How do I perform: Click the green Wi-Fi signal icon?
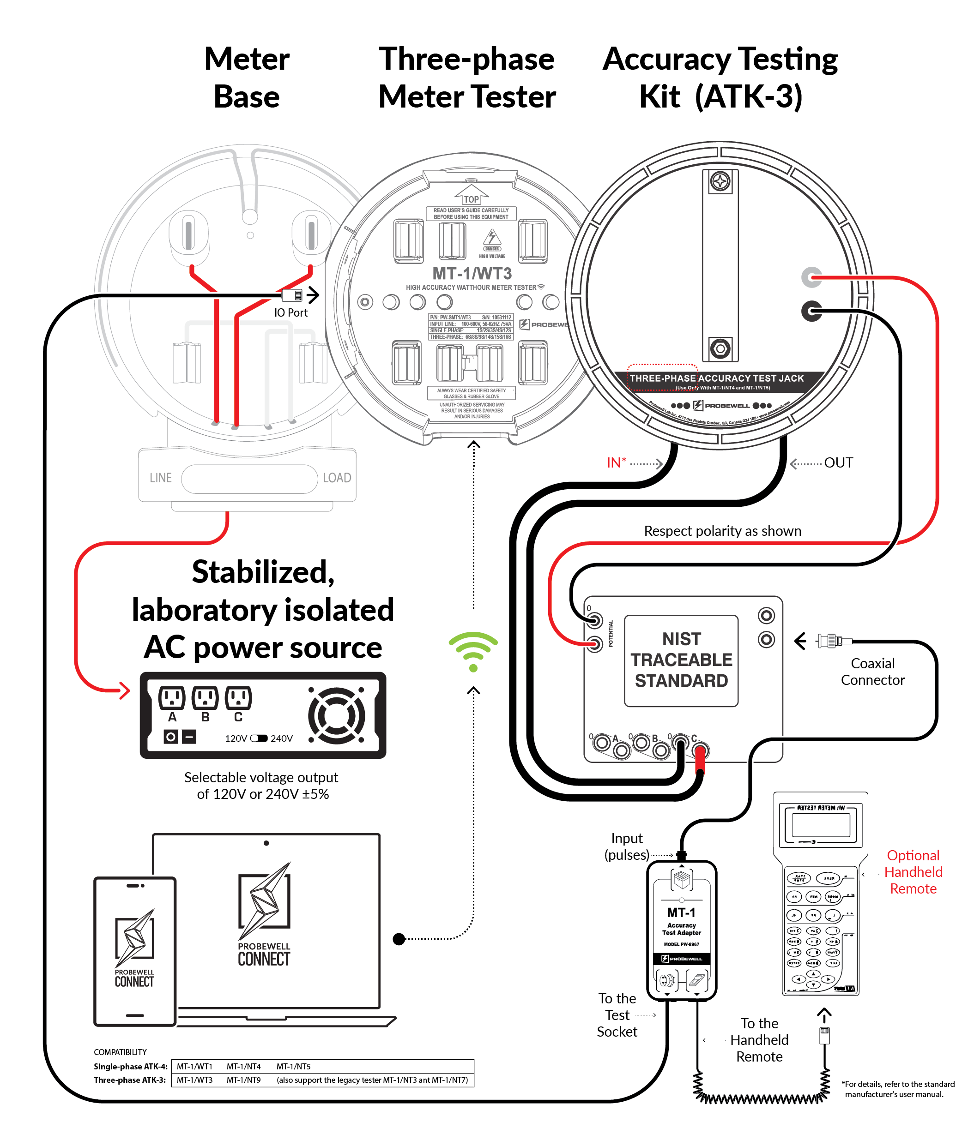click(x=473, y=651)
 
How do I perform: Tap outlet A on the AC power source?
click(x=172, y=697)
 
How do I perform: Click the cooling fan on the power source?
click(x=337, y=715)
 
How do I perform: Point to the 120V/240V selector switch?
click(x=259, y=738)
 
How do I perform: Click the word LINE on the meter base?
click(x=161, y=477)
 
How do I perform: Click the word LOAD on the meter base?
click(x=337, y=477)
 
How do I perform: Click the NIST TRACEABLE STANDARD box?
click(x=681, y=660)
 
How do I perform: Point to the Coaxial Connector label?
click(x=872, y=671)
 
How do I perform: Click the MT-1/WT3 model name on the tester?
click(x=472, y=273)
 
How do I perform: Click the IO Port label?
click(x=290, y=312)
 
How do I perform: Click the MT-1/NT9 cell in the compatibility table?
click(x=243, y=1080)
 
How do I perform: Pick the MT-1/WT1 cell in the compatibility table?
click(x=194, y=1066)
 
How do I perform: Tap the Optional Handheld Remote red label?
click(x=913, y=871)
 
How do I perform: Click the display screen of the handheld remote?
click(x=820, y=824)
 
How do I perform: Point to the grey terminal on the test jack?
click(x=811, y=277)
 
